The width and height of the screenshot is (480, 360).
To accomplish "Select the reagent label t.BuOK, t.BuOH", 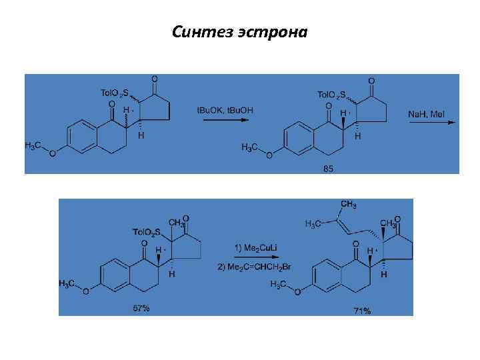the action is (225, 109).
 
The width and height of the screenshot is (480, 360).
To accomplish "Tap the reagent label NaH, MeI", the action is (426, 114).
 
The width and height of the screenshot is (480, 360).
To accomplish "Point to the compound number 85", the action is (328, 169).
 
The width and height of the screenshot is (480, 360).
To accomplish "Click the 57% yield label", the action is (140, 308).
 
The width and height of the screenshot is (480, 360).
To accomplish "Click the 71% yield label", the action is (363, 311).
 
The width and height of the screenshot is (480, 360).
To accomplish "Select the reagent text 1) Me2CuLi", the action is (255, 248).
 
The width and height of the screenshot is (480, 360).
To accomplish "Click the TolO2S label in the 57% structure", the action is (148, 232).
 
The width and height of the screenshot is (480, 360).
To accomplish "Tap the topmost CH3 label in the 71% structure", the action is (348, 203).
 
